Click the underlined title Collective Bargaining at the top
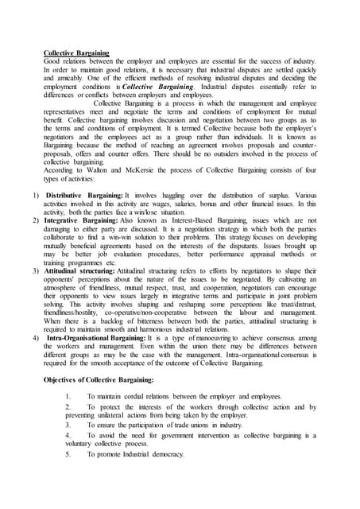pyautogui.click(x=76, y=52)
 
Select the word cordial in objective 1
pyautogui.click(x=140, y=397)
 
